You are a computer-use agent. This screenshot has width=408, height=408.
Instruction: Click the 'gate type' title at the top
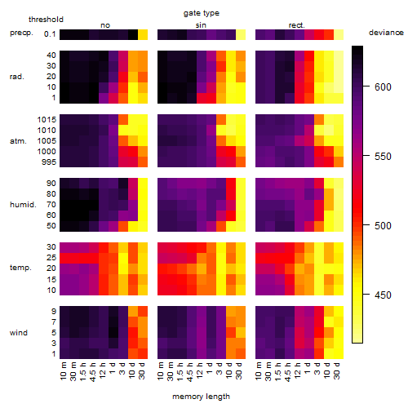tap(202, 13)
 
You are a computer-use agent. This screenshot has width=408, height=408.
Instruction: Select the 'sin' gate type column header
tap(201, 25)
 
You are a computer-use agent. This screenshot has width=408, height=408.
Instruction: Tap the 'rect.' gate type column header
tap(296, 25)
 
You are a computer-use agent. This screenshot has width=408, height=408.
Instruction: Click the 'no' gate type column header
tap(105, 25)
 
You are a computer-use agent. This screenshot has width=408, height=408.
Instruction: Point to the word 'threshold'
tap(46, 20)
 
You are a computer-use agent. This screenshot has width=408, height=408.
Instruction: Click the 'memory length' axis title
tap(202, 397)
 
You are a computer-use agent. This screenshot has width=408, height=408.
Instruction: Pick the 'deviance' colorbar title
tap(386, 33)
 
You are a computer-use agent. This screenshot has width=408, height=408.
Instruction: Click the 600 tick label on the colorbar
tap(383, 87)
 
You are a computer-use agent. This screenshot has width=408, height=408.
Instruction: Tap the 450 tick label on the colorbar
tap(383, 295)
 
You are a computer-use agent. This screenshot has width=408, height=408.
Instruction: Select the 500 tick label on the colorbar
tap(383, 226)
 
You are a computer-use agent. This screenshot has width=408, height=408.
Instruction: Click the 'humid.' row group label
tap(23, 205)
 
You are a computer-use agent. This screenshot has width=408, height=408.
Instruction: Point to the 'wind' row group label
tap(19, 333)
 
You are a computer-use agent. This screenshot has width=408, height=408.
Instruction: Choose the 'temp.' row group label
tap(20, 268)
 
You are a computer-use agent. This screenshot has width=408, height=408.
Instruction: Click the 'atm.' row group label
tap(18, 141)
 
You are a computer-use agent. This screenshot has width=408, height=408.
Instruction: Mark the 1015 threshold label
tap(47, 120)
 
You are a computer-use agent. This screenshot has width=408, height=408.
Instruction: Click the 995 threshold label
tap(49, 162)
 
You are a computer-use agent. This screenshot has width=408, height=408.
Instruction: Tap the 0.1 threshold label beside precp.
tap(50, 34)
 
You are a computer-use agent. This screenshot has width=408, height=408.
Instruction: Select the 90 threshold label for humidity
tap(51, 184)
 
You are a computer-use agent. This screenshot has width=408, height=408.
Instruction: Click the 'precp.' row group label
tap(21, 33)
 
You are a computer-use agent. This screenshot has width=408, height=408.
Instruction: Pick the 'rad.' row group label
tap(17, 77)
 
